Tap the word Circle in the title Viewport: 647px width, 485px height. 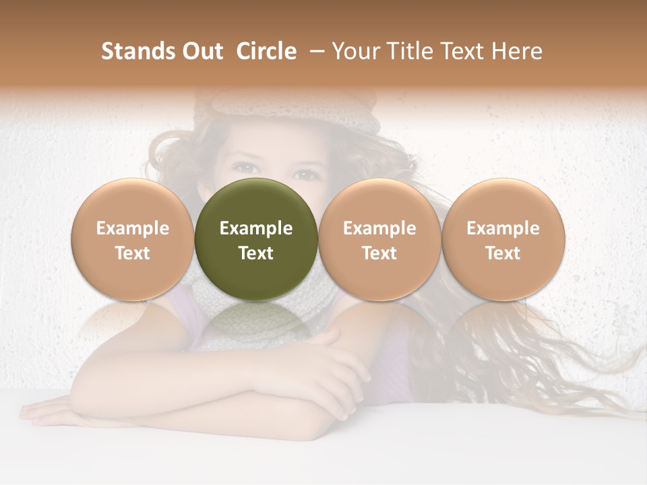coord(266,51)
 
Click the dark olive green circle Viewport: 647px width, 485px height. coord(256,202)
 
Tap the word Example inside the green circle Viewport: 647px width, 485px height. coord(256,228)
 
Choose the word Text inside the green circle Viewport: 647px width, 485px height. coord(256,253)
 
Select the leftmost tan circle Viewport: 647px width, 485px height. coord(132,202)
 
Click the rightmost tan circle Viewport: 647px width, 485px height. coord(503,202)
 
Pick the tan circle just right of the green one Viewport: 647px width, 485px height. coord(379,202)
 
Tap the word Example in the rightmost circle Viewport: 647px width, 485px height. coord(503,228)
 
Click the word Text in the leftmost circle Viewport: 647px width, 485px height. coord(132,253)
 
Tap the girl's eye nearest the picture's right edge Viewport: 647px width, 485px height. coord(307,175)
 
